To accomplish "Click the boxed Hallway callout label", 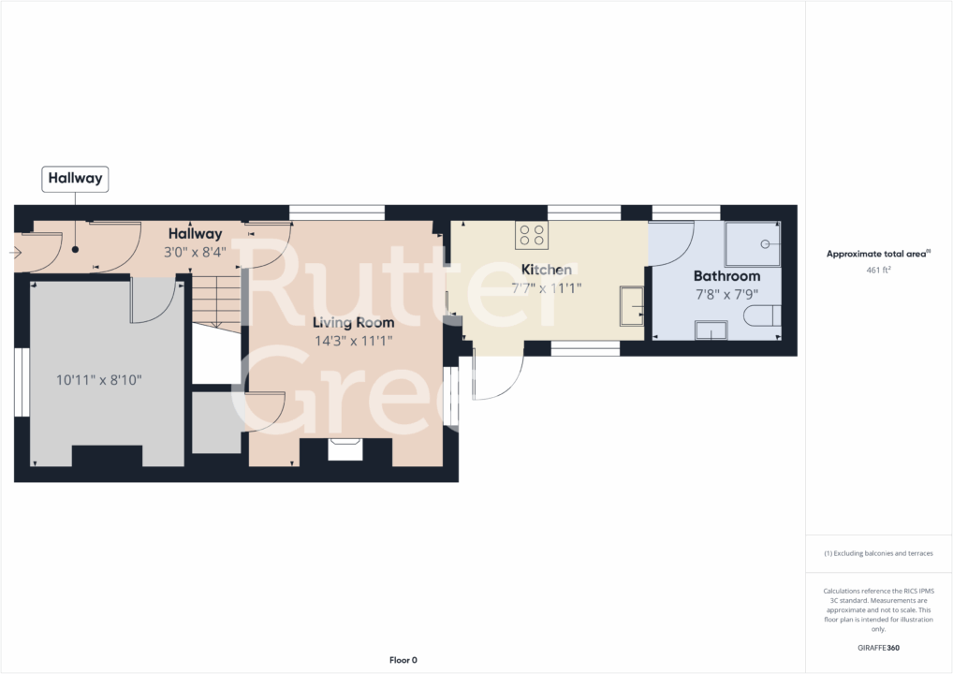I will (x=75, y=178).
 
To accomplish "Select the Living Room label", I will (x=353, y=323).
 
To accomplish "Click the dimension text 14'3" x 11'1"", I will (x=353, y=341).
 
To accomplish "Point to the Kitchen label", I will (x=547, y=270).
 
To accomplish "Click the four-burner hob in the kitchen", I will (x=532, y=235).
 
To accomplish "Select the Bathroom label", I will (x=726, y=276).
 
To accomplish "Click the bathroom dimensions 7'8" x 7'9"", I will (x=726, y=294).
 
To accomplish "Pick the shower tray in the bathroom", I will (x=754, y=243).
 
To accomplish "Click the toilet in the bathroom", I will (x=761, y=315).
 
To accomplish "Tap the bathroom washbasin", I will (x=711, y=330).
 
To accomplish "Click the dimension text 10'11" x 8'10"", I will (x=98, y=380).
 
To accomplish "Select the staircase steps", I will (x=217, y=300).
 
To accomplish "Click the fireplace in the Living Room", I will (x=345, y=450).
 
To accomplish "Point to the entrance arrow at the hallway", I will (x=19, y=253).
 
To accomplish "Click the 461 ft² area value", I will (x=878, y=270).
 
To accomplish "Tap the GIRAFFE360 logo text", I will (x=878, y=647).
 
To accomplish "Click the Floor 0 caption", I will (x=403, y=660).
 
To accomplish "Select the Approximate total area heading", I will (x=877, y=254).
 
